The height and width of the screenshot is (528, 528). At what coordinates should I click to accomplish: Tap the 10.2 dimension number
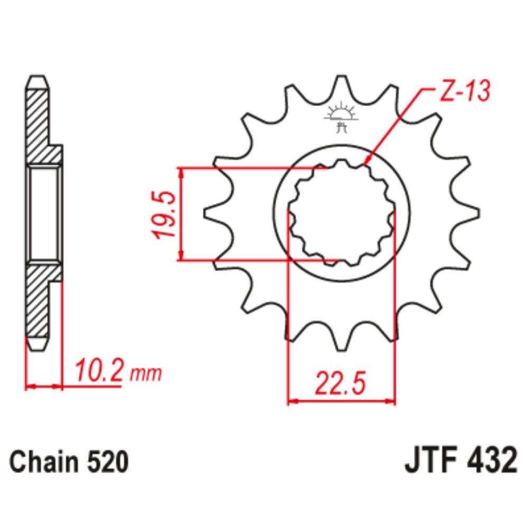point(99,372)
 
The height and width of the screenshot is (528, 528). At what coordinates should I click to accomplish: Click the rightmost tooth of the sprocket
point(470,214)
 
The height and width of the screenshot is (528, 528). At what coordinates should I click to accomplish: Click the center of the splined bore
point(341,214)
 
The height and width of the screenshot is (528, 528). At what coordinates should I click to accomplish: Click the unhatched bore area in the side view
point(44,213)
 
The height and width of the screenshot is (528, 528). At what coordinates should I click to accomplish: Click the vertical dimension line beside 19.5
point(181,214)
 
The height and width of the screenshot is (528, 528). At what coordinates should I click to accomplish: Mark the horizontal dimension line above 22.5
point(341,401)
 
